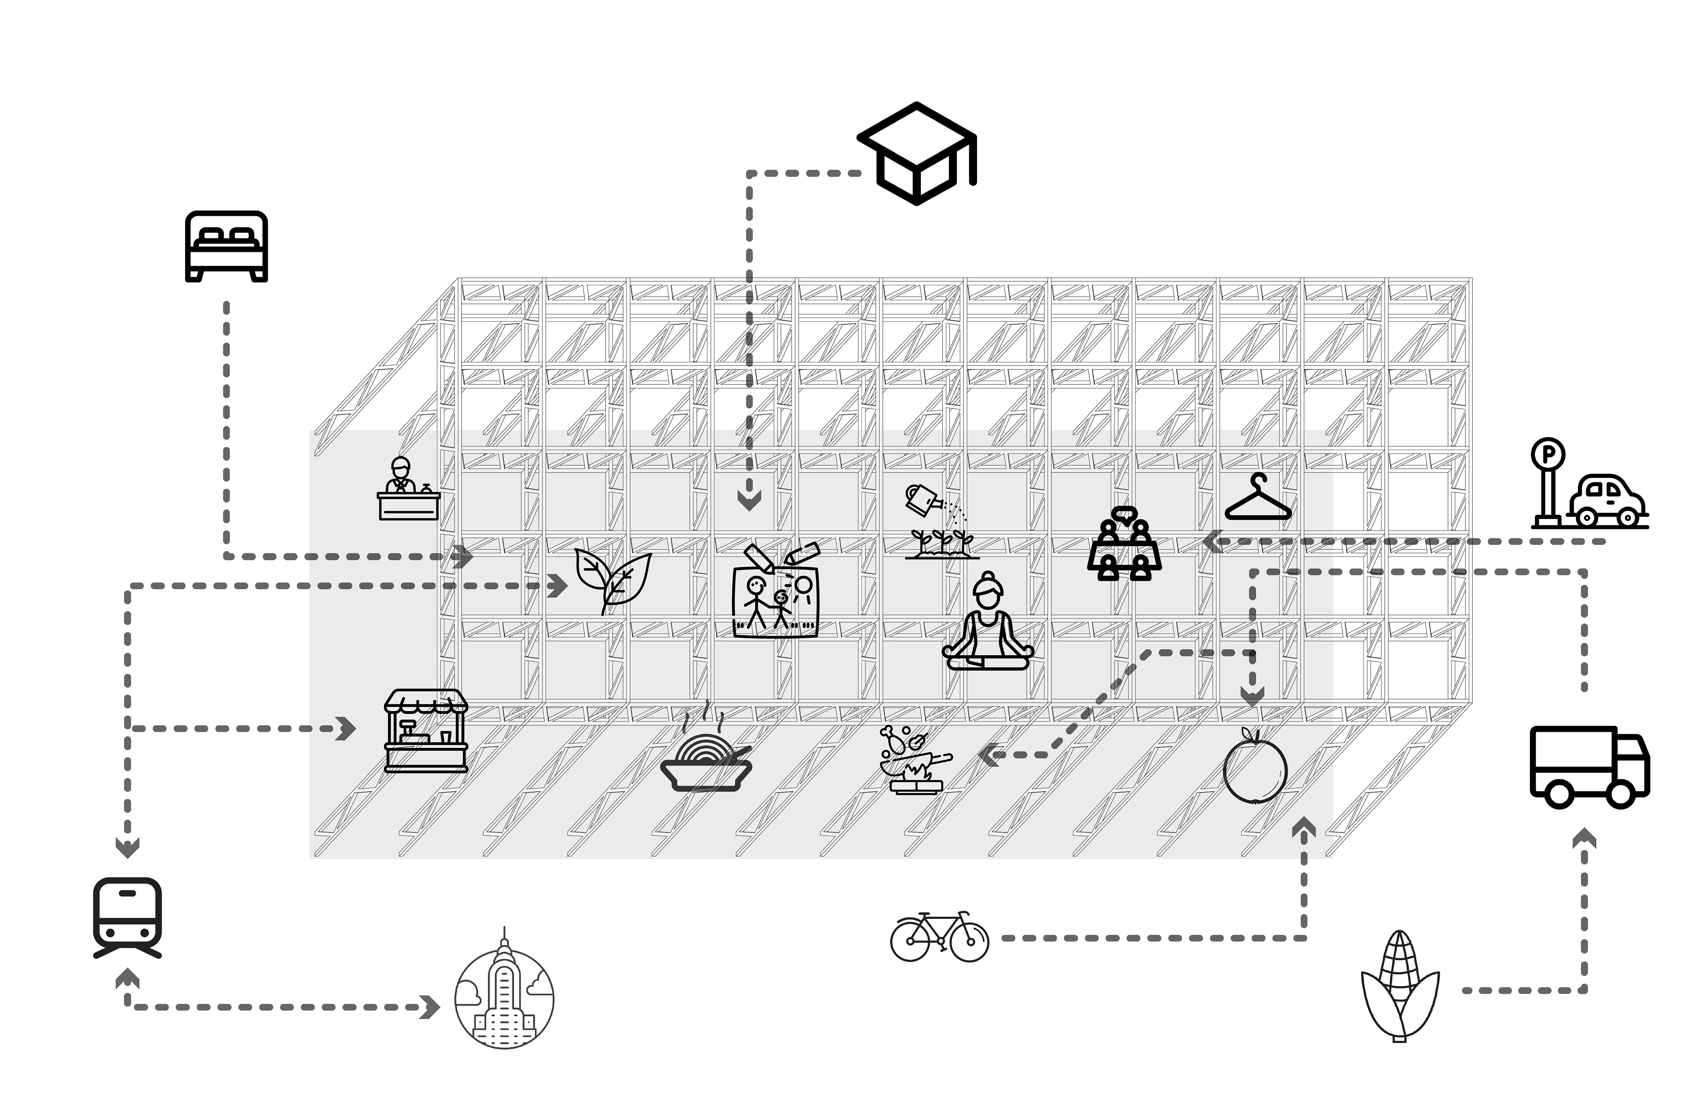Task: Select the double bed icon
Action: [x=226, y=246]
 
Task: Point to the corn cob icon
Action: [x=1399, y=986]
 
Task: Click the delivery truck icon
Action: [x=1589, y=767]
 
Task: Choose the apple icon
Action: [x=1255, y=766]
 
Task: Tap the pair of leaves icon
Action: [x=613, y=580]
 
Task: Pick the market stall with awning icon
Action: [x=426, y=730]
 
